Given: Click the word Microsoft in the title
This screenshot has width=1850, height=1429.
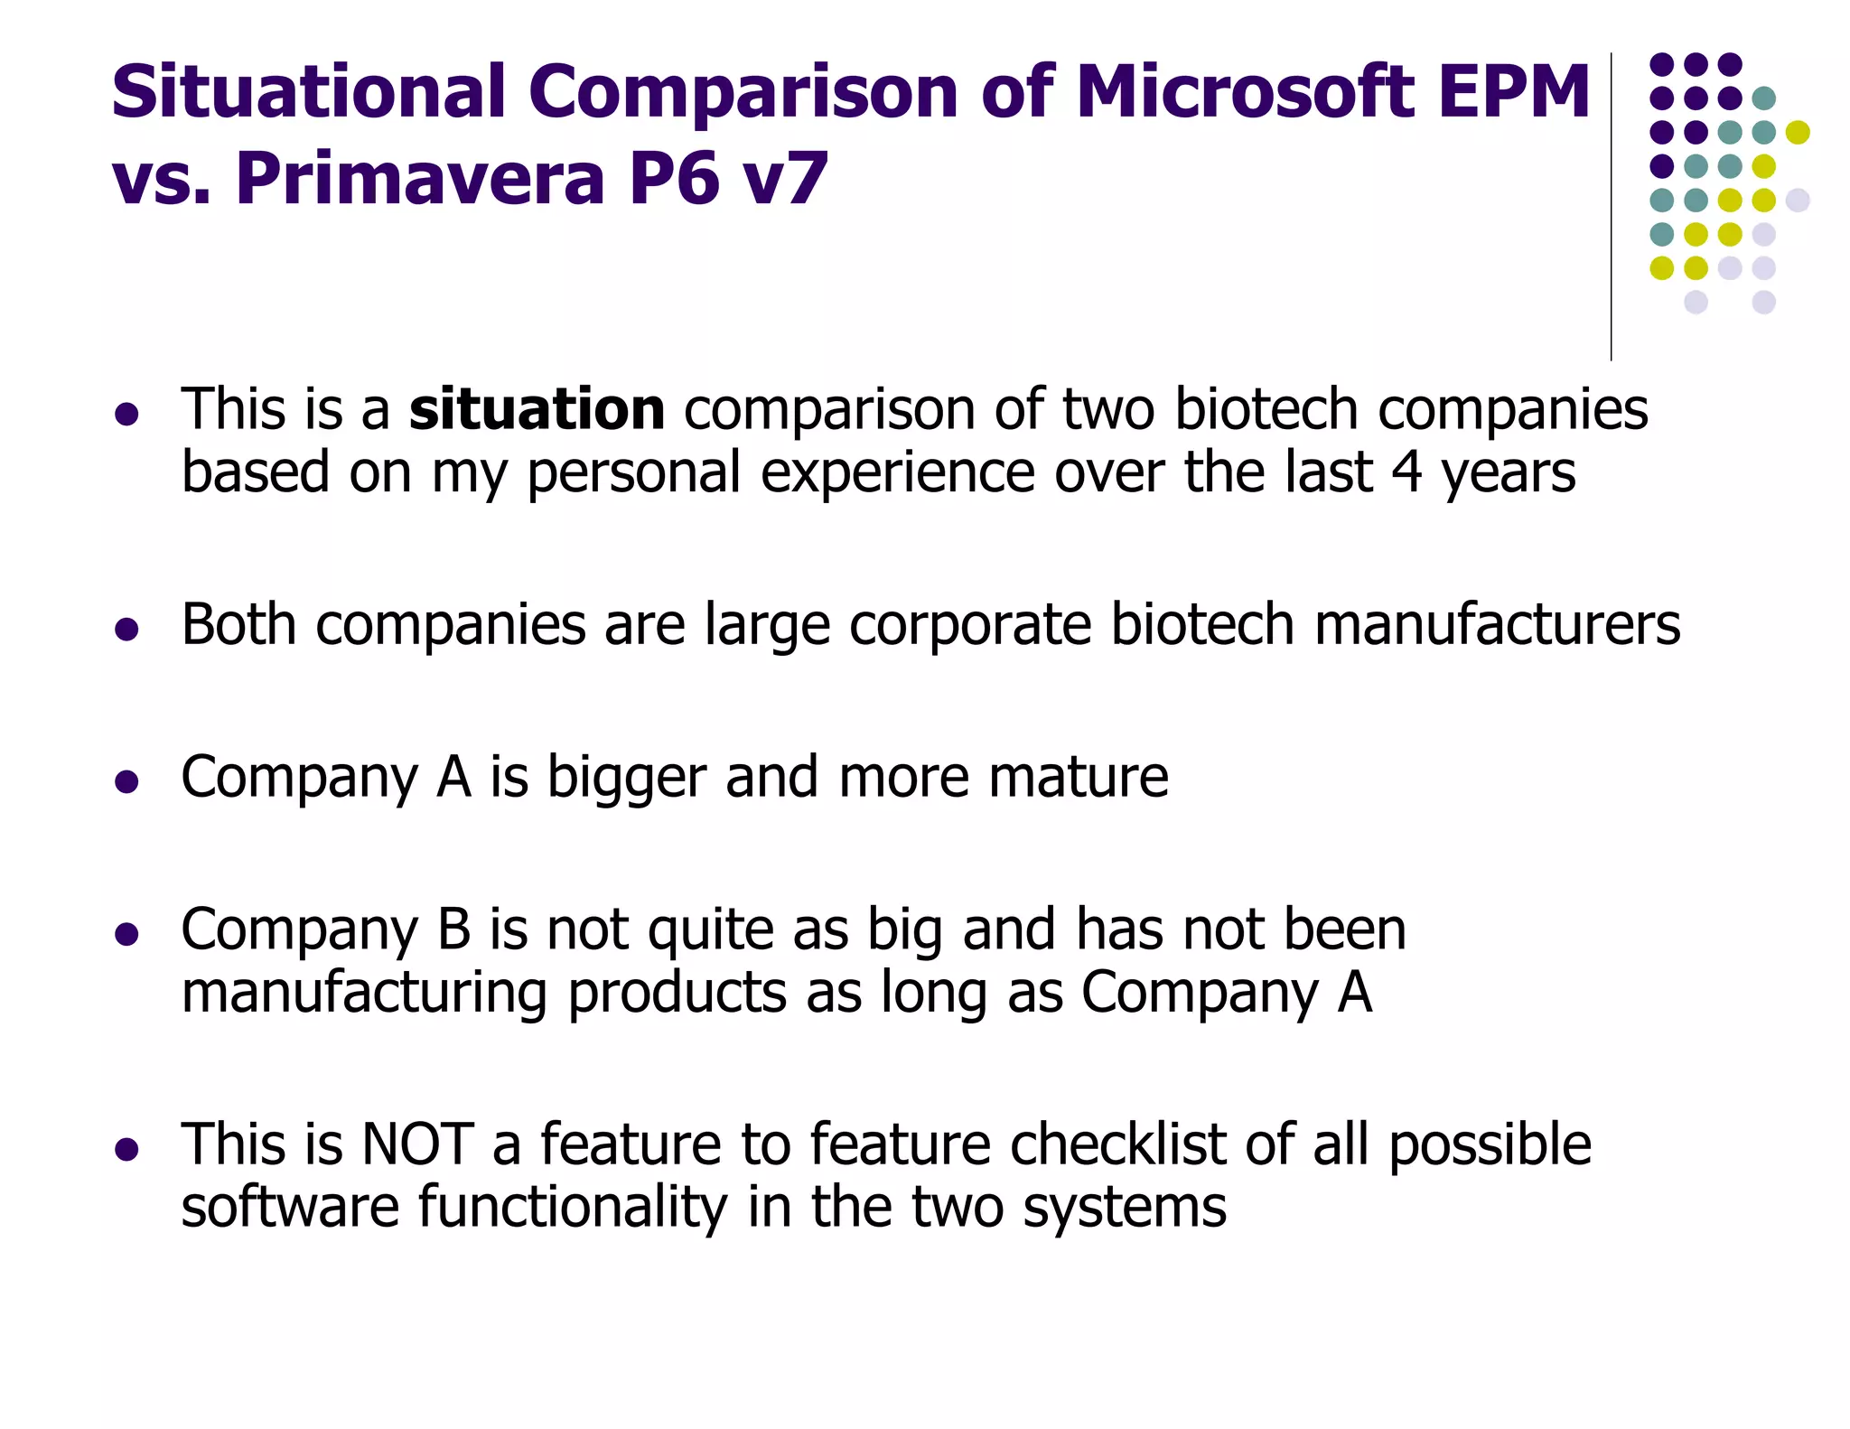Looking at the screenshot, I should tap(1243, 92).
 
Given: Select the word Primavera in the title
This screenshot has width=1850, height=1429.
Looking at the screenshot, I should tap(420, 179).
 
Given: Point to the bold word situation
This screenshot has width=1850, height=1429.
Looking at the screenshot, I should tap(537, 409).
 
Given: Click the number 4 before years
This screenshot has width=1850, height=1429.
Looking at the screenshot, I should tap(1406, 472).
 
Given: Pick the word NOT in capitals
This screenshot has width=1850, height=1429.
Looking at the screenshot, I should tap(416, 1144).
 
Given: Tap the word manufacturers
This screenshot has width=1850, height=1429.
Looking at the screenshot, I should tap(1497, 624).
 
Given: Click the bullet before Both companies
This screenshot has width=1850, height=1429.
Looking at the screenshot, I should tap(126, 629).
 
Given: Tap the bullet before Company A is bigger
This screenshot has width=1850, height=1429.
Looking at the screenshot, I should tap(126, 781).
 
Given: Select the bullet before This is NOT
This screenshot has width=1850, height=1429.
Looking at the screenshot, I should tap(126, 1149).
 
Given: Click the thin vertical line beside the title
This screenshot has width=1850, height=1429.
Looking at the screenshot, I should tap(1612, 208).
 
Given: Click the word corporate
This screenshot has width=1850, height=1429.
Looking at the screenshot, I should tap(969, 624).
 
